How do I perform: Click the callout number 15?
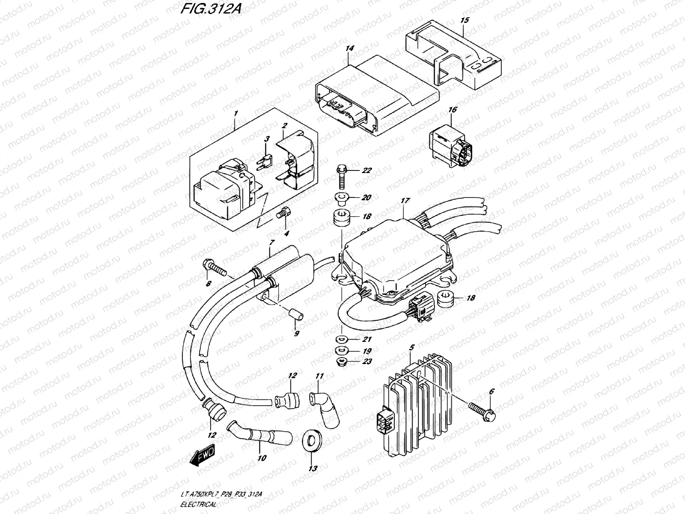click(465, 20)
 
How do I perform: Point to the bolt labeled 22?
click(342, 177)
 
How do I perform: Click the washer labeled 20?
click(341, 197)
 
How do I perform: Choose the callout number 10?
click(262, 458)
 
